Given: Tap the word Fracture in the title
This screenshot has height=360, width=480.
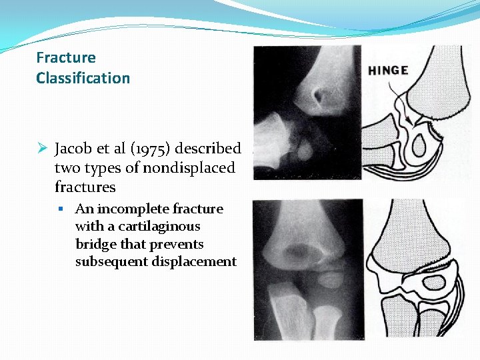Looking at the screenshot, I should click(66, 58).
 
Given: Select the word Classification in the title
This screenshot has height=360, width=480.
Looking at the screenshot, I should click(83, 78).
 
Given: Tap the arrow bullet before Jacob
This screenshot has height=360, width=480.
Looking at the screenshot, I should click(42, 148).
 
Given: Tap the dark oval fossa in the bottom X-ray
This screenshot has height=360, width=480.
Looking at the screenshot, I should click(293, 252).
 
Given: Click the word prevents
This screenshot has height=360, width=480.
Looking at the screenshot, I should click(178, 244).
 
